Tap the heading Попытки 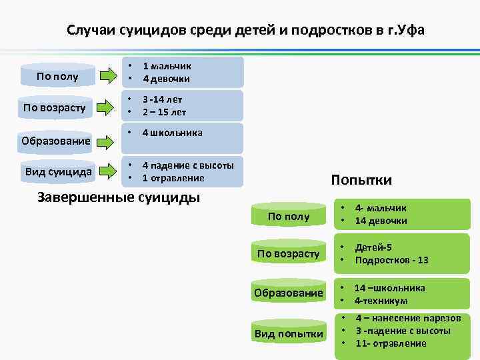(x=361, y=180)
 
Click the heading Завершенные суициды (x=119, y=197)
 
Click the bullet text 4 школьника (x=172, y=133)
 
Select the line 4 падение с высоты (x=188, y=167)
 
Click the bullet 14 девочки (x=381, y=221)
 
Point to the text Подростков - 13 (x=392, y=260)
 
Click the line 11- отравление (x=391, y=343)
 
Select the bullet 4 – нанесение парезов (x=408, y=319)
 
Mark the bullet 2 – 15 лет (x=164, y=111)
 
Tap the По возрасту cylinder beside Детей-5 (x=289, y=254)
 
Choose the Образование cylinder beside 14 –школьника (x=289, y=293)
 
